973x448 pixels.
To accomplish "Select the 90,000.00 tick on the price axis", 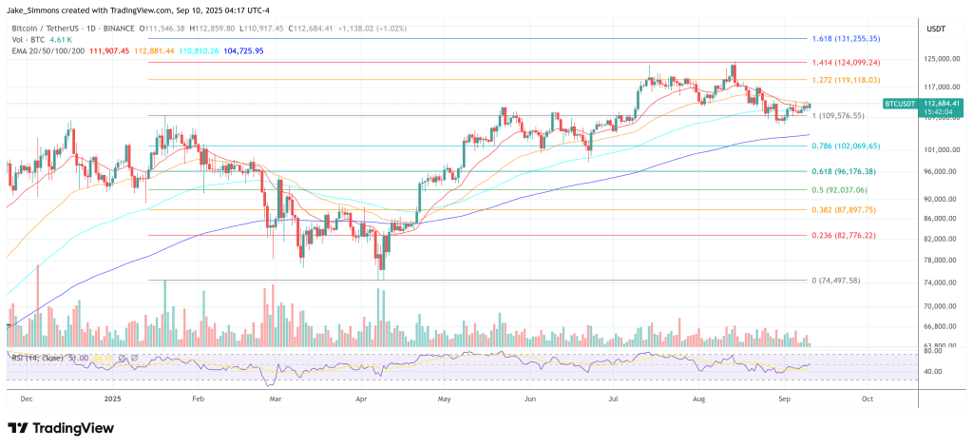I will point(938,199).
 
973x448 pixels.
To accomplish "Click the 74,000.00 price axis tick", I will point(938,282).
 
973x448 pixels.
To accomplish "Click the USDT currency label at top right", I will point(936,29).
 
